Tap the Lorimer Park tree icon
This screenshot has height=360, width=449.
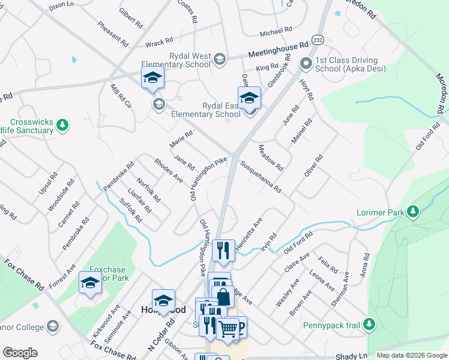click(x=412, y=212)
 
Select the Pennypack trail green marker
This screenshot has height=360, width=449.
click(x=370, y=326)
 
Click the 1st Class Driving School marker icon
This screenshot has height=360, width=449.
click(x=306, y=63)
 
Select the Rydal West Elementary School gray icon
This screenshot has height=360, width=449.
click(x=220, y=58)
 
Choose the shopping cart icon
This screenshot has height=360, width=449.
click(x=228, y=328)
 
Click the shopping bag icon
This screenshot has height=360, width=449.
click(x=223, y=296)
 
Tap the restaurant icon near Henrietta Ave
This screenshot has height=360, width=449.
click(x=223, y=249)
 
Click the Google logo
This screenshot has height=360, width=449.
click(x=20, y=353)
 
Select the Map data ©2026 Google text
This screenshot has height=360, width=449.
click(x=411, y=355)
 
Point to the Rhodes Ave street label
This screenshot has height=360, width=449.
click(x=168, y=170)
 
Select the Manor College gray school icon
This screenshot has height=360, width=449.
click(x=53, y=326)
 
